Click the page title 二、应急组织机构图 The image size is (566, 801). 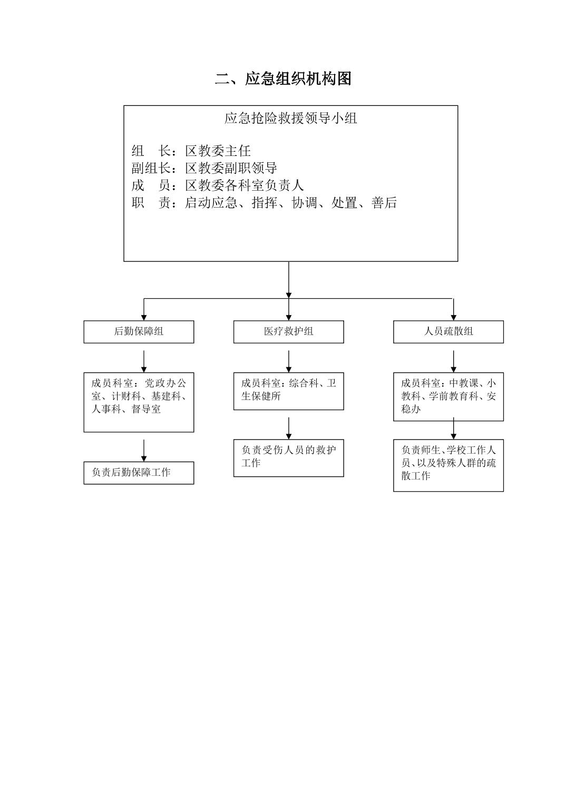point(283,79)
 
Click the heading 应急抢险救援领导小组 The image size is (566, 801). point(290,119)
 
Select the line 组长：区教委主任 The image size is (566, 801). point(191,151)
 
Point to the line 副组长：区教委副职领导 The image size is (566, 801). point(204,169)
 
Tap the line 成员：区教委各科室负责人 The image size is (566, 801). point(217,185)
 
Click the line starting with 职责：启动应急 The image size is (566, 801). point(264,203)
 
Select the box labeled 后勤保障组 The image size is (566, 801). point(139,332)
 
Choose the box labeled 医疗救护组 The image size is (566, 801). point(288,332)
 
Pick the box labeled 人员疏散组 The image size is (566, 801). point(448,332)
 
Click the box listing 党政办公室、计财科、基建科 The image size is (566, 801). point(139,402)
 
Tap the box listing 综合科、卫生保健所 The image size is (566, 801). point(288,391)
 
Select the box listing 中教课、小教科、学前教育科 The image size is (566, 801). point(448,396)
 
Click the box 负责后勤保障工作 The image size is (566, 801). point(139,473)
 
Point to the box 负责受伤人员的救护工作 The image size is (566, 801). point(288,457)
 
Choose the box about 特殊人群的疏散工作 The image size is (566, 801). point(448,465)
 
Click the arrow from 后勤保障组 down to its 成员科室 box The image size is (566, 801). point(144,362)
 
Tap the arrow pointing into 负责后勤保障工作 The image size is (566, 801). point(144,451)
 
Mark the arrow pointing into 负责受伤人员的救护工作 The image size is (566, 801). point(289,428)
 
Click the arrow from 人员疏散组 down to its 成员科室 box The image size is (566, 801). point(454,362)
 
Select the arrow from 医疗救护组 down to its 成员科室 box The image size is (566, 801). point(289,362)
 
